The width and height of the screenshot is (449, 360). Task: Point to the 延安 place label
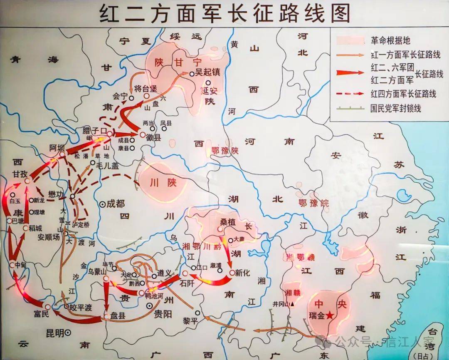tap(207, 91)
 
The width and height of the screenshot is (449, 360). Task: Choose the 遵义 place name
tap(164, 274)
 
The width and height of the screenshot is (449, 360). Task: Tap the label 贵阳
tap(162, 314)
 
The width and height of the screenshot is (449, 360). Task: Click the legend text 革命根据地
tap(390, 40)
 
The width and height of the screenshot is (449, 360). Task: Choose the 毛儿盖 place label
tap(107, 165)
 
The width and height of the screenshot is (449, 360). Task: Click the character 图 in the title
tap(338, 13)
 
